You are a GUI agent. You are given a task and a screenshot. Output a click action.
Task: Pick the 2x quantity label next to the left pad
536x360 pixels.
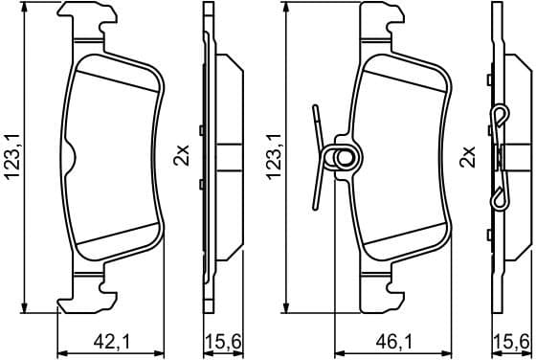click(179, 156)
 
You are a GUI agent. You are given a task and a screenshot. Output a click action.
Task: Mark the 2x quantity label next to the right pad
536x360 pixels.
click(467, 156)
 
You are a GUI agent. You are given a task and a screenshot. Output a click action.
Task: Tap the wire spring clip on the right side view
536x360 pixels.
click(501, 158)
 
